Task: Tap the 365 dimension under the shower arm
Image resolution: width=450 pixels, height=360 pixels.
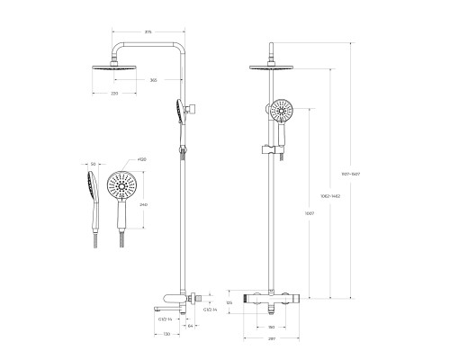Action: coord(155,80)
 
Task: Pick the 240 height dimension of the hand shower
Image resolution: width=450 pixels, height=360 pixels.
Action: coord(143,204)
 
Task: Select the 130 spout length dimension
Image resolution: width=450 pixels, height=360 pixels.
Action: coord(166,335)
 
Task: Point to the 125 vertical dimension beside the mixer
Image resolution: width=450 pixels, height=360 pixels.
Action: coord(229,303)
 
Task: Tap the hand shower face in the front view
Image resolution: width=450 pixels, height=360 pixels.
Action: coord(282,113)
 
